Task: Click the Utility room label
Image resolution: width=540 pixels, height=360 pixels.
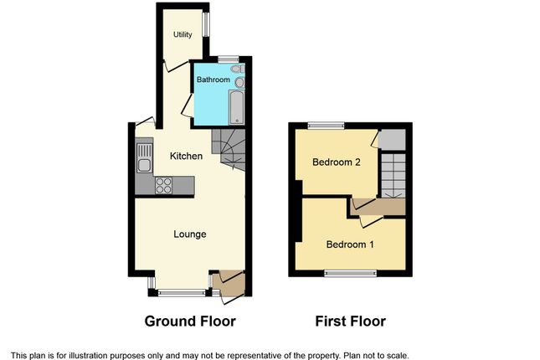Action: point(183,34)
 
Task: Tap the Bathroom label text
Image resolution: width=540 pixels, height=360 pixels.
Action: point(213,80)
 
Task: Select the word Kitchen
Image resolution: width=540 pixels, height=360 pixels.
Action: point(186,156)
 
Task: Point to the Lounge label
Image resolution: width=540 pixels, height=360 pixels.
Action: point(190,234)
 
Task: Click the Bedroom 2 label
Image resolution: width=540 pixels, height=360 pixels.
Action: point(337,162)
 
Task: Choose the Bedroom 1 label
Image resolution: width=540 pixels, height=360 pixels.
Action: point(350,244)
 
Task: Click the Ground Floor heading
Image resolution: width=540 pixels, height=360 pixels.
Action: point(190,321)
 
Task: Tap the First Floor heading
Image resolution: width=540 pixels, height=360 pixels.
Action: point(351,321)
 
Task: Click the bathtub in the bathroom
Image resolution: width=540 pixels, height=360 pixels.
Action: point(237,107)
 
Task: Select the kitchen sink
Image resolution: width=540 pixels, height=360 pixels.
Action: point(145,157)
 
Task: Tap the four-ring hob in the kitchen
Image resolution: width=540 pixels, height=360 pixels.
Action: point(163,185)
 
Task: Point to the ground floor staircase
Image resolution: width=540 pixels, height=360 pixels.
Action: point(229,150)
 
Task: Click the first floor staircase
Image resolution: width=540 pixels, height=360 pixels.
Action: point(393,175)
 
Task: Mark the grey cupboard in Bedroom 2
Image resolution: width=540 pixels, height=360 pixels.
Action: point(392,140)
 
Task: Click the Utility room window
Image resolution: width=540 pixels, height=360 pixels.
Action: point(206,24)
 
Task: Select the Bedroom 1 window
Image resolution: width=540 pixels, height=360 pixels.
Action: point(351,273)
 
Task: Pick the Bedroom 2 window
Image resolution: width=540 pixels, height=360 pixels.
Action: point(326,126)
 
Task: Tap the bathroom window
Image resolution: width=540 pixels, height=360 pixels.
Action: point(229,59)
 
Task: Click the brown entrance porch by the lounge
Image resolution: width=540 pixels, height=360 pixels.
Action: point(229,284)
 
